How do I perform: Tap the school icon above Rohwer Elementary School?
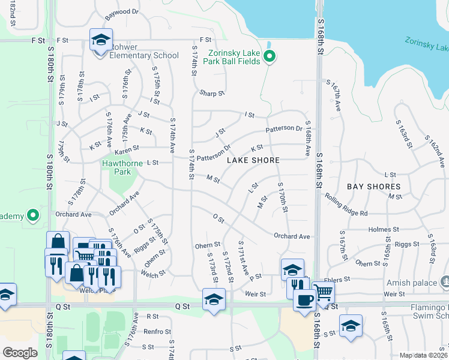(x=101, y=40)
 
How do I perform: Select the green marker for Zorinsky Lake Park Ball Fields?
(x=270, y=58)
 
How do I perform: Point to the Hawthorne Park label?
(x=116, y=167)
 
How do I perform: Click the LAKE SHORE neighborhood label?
(x=253, y=160)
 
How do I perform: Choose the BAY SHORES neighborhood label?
(x=373, y=187)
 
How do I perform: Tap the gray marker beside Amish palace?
(x=445, y=281)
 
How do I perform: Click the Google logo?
(x=20, y=353)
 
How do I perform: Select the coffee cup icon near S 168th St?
(x=304, y=299)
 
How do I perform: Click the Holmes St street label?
(x=384, y=229)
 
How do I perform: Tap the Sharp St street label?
(x=212, y=94)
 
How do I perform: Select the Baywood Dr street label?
(x=122, y=11)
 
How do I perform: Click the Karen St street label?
(x=127, y=148)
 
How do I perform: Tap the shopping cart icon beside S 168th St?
(x=323, y=292)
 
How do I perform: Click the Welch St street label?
(x=154, y=274)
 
